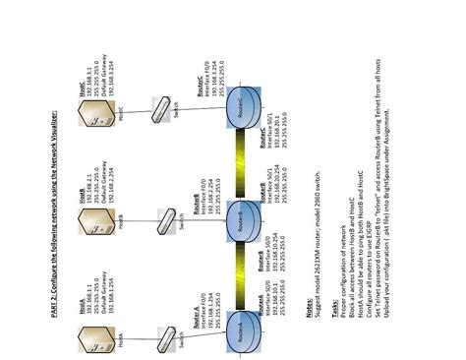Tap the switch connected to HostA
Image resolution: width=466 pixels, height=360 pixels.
[164, 317]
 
